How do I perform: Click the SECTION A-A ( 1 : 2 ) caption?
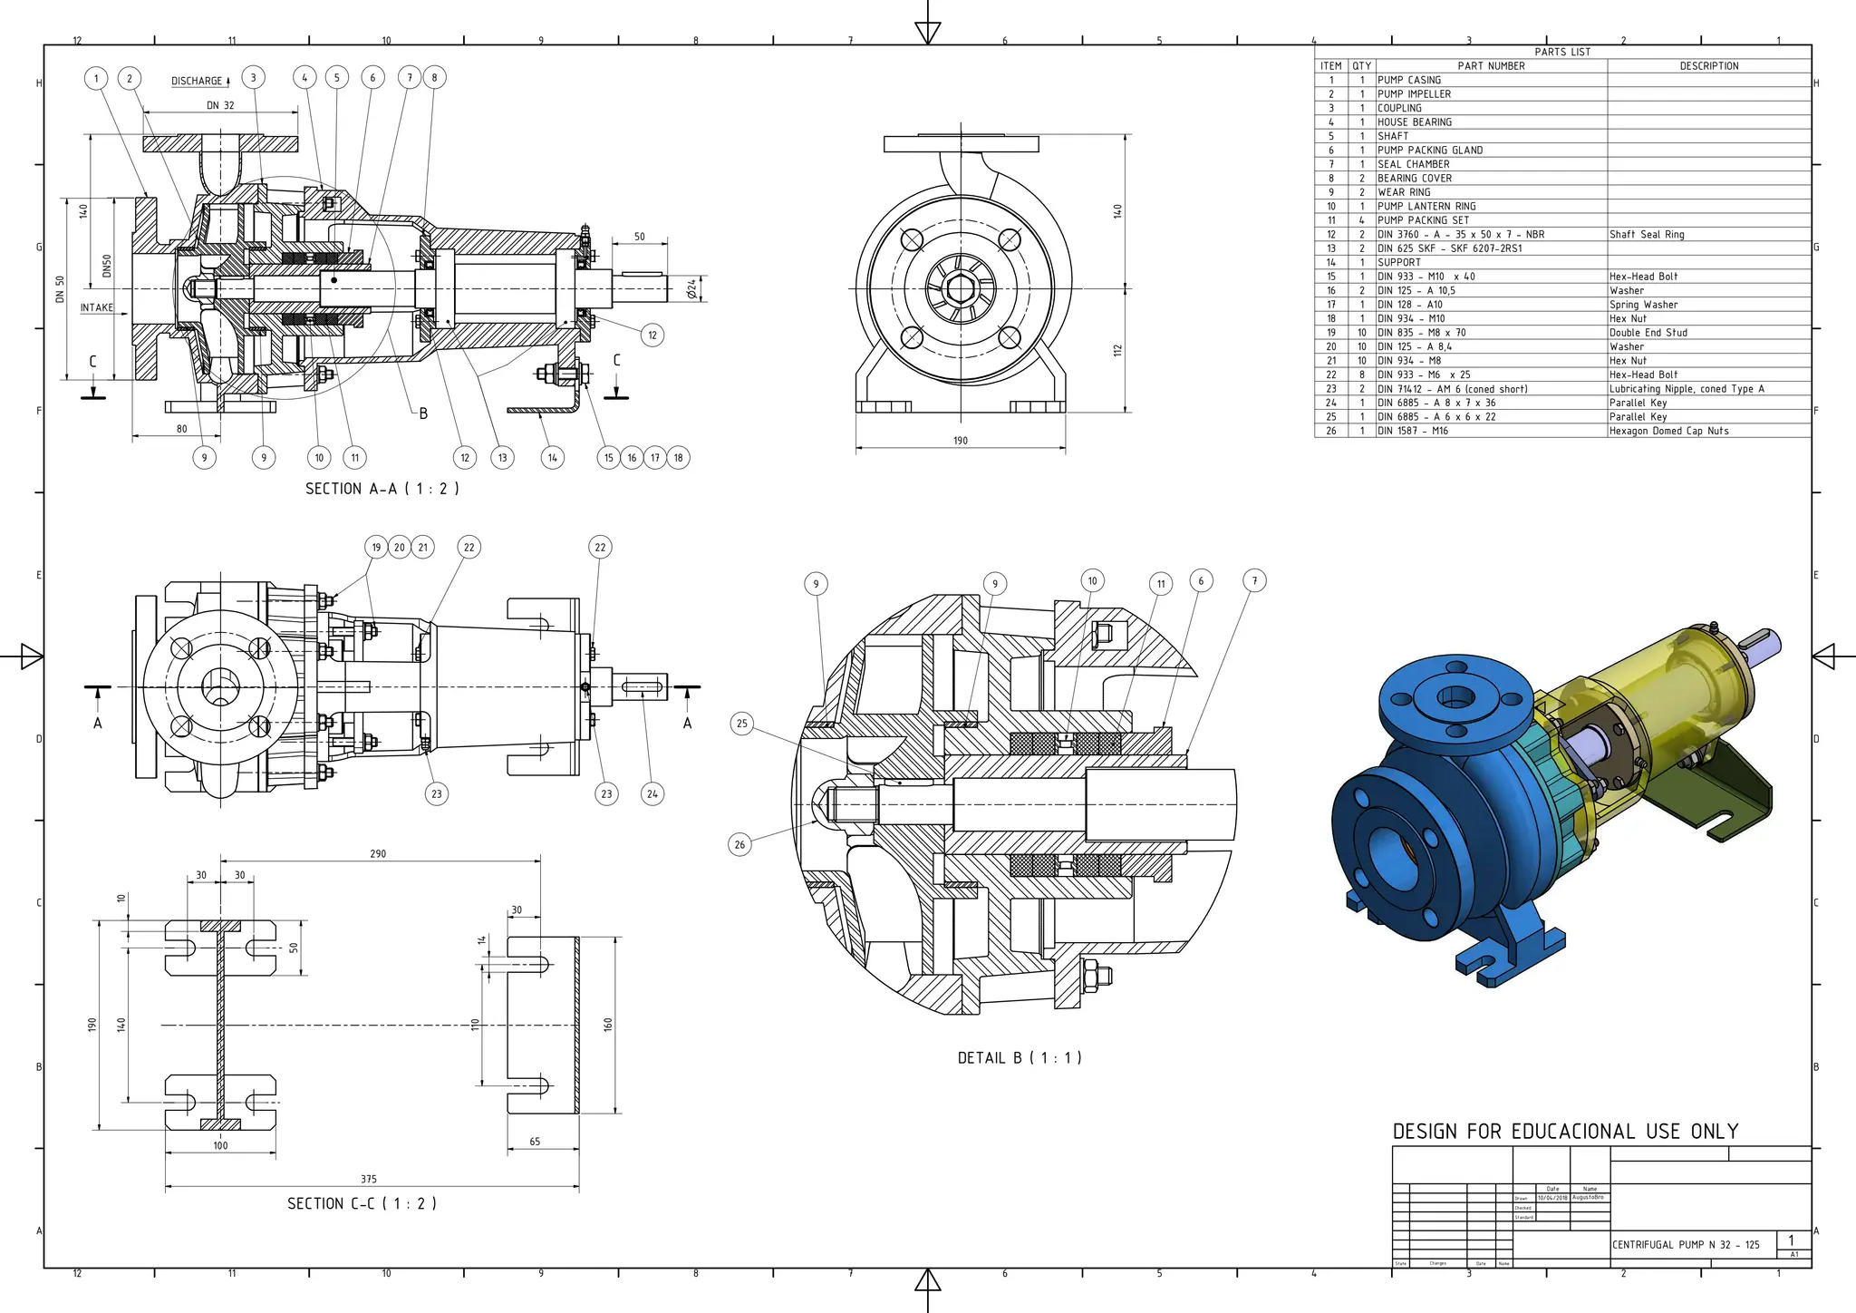click(x=382, y=489)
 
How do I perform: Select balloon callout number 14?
click(x=552, y=458)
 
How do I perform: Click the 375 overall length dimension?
click(x=368, y=1179)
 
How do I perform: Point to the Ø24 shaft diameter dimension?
click(x=692, y=289)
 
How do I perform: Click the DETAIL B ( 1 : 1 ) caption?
click(x=1020, y=1058)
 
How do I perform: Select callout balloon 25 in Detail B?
click(x=742, y=724)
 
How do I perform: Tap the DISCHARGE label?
click(x=197, y=82)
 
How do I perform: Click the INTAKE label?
click(x=97, y=308)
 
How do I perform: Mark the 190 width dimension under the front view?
click(x=960, y=441)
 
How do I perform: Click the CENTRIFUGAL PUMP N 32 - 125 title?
click(x=1685, y=1245)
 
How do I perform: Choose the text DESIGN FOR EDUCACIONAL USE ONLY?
click(x=1565, y=1132)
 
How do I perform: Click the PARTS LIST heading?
click(x=1562, y=53)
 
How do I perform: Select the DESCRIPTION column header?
click(x=1708, y=66)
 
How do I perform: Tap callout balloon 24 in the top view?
click(x=652, y=794)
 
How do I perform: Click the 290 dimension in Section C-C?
click(x=378, y=854)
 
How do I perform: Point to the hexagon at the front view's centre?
click(x=960, y=290)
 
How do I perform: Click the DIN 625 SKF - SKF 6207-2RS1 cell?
click(x=1449, y=248)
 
